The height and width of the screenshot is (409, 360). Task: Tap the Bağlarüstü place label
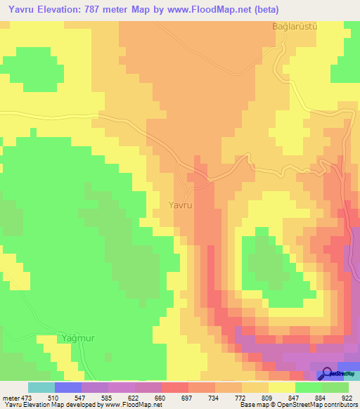click(296, 27)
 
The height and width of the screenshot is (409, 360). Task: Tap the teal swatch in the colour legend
click(41, 387)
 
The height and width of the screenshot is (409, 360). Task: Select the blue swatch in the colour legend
click(67, 387)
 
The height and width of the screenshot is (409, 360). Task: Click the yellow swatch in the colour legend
click(281, 387)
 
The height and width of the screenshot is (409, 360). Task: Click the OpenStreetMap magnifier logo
click(327, 375)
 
